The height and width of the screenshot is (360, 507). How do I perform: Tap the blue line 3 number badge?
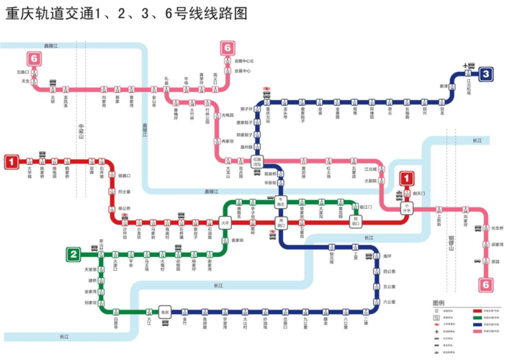(487, 73)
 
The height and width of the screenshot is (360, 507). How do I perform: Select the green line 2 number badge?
(73, 253)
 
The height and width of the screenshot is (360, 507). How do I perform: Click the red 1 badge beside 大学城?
(12, 162)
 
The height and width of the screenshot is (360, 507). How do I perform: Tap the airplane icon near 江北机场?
(465, 66)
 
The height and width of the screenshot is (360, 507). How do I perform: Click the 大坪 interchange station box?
(225, 222)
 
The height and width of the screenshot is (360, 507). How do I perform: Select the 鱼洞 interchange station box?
(166, 311)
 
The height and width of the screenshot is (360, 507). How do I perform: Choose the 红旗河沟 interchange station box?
(257, 163)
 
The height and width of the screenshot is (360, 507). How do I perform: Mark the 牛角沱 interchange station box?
(282, 204)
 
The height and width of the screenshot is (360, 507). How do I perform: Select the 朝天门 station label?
(420, 193)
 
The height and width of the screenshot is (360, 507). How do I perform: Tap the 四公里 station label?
(390, 271)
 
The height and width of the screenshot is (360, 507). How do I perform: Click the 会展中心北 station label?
(244, 60)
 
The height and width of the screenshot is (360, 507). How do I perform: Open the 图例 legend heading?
(439, 302)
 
